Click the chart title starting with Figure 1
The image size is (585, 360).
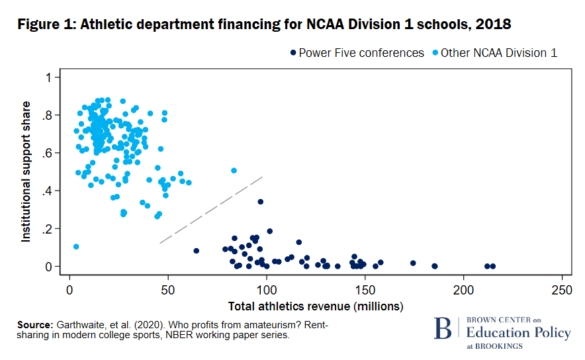pyautogui.click(x=264, y=24)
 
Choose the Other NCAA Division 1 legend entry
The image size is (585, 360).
pyautogui.click(x=494, y=53)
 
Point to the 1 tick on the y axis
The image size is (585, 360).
pyautogui.click(x=48, y=77)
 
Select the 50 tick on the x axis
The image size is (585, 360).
pyautogui.click(x=168, y=290)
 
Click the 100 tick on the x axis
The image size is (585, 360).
pyautogui.click(x=267, y=290)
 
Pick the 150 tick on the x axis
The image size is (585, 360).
pyautogui.click(x=365, y=290)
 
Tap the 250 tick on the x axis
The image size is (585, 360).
pyautogui.click(x=562, y=290)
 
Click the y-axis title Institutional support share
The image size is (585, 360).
pyautogui.click(x=26, y=171)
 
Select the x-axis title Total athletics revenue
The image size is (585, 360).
pyautogui.click(x=316, y=306)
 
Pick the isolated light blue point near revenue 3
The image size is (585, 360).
pyautogui.click(x=76, y=247)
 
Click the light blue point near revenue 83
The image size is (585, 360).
pyautogui.click(x=234, y=171)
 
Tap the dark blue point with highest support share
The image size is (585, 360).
pyautogui.click(x=261, y=202)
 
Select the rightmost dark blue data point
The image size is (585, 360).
pyautogui.click(x=492, y=267)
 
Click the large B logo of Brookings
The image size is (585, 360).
pyautogui.click(x=441, y=330)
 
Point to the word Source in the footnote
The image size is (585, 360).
pyautogui.click(x=34, y=325)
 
